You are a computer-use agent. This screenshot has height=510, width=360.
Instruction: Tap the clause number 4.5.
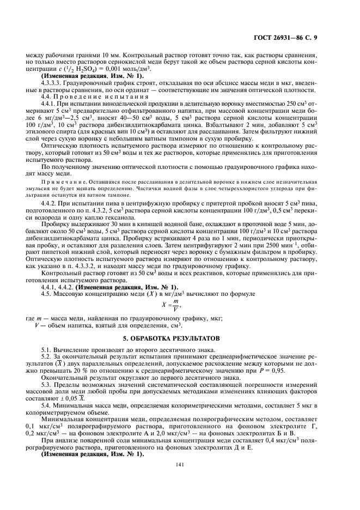tap(47, 294)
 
